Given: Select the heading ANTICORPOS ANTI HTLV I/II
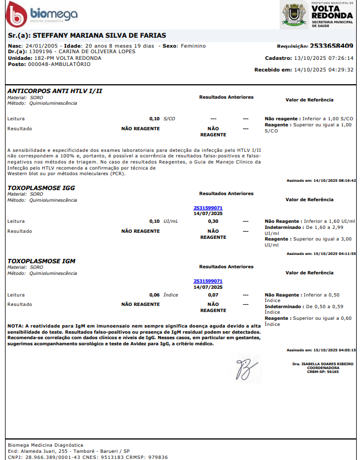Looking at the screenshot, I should click(x=55, y=90).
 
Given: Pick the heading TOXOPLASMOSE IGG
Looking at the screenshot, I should click(x=41, y=188).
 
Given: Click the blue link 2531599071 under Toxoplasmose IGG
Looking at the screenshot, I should click(x=208, y=208).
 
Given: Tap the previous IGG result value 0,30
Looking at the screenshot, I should click(x=213, y=221).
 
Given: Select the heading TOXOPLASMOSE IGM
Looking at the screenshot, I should click(x=42, y=260).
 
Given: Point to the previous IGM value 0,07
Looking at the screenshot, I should click(x=213, y=295).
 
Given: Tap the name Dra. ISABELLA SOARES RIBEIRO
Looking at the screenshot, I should click(x=323, y=364).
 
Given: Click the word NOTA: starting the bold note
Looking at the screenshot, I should click(x=16, y=326).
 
